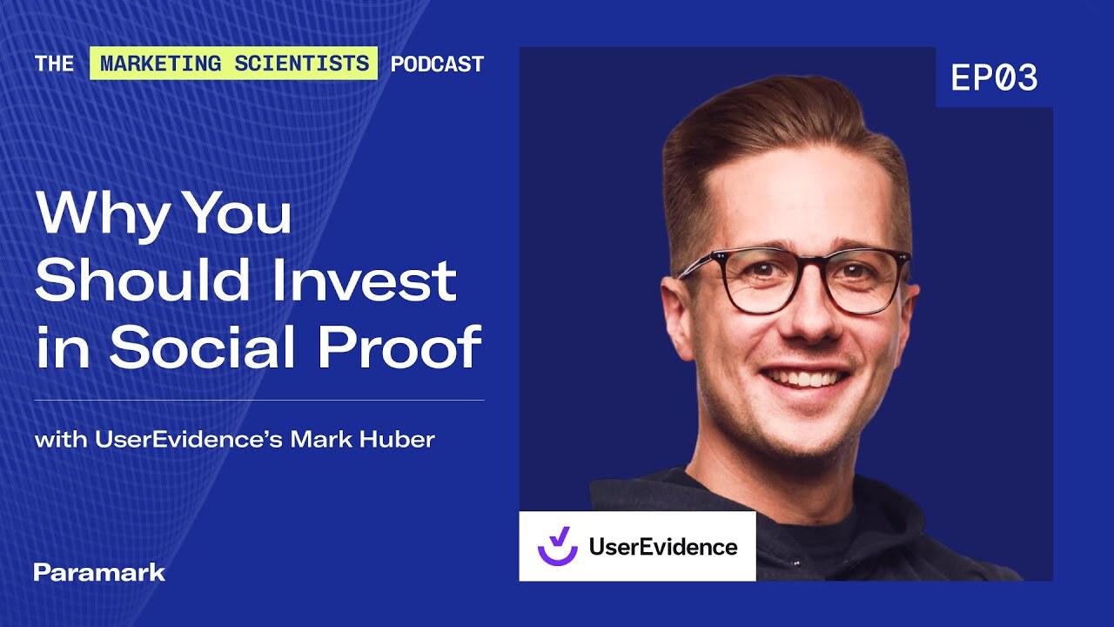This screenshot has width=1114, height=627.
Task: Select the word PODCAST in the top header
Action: click(437, 64)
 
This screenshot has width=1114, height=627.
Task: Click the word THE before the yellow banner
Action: click(55, 64)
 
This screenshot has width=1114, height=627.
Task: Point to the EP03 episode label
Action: click(994, 78)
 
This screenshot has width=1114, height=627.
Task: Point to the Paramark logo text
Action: click(99, 572)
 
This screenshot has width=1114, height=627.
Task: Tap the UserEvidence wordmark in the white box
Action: click(662, 547)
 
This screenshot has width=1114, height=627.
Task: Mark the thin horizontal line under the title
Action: click(258, 401)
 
